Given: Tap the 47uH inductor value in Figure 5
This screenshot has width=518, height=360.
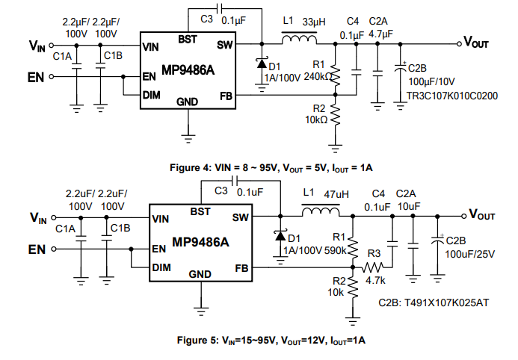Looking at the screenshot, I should [x=336, y=194].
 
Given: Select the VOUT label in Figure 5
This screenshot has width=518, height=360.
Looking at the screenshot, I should [x=482, y=216].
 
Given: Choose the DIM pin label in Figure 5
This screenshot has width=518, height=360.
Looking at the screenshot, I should [x=161, y=267].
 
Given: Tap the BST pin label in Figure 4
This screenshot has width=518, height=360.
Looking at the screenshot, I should [x=188, y=39].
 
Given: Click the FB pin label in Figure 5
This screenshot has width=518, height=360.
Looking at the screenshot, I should [x=241, y=267].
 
